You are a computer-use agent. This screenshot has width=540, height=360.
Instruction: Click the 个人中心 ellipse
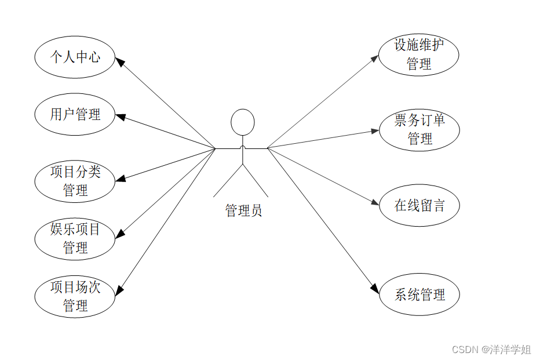75,57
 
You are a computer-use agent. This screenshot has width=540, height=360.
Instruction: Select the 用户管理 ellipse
75,114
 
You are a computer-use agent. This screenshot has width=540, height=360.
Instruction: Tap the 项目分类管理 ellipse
75,181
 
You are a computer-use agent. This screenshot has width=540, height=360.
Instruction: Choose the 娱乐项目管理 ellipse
75,238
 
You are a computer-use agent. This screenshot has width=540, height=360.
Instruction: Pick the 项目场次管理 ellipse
75,296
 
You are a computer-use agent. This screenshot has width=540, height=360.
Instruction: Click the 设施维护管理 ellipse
419,54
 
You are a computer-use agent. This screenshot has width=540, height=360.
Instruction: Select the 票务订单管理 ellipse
419,129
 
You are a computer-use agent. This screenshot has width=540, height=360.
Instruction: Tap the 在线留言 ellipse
419,205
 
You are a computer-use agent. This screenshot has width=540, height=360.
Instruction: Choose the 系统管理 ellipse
419,294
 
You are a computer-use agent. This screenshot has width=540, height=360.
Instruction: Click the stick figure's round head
242,122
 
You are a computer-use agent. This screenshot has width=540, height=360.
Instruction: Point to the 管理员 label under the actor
243,210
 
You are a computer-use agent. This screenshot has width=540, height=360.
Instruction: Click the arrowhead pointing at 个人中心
119,61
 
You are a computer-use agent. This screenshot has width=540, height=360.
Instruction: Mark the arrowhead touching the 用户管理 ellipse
121,117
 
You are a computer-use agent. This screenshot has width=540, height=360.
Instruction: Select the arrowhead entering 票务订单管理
374,131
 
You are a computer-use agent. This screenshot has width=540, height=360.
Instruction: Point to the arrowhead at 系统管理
374,289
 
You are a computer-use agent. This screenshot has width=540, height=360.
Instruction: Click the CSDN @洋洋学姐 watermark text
491,349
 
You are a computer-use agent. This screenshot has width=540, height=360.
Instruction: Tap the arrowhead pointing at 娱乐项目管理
120,234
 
